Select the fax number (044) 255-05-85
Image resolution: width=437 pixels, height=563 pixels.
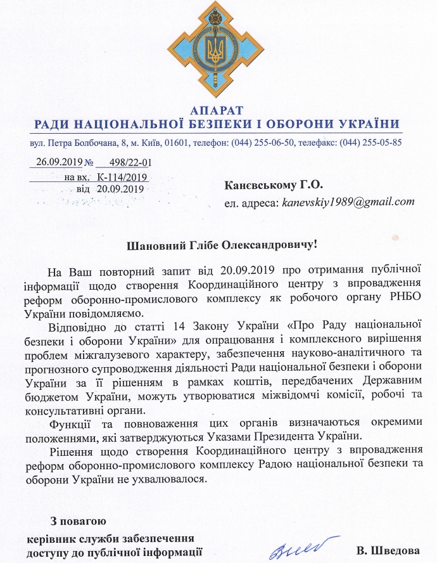[370, 142]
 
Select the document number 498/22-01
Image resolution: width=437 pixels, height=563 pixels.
[131, 162]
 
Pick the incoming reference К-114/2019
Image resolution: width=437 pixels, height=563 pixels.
[122, 176]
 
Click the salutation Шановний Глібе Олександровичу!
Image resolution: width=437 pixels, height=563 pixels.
[218, 245]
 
